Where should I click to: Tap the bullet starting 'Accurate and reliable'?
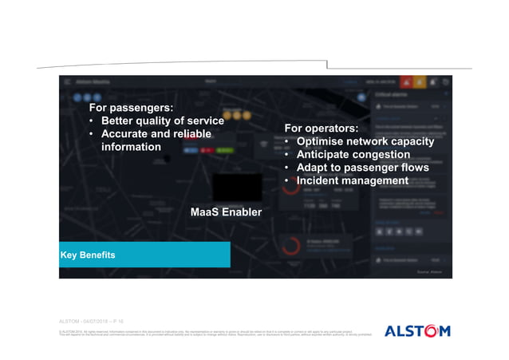pos(156,134)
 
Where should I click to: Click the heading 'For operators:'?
pos(321,129)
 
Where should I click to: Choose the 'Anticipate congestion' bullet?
pos(353,155)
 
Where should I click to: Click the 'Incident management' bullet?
pos(352,181)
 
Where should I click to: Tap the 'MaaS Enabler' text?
pos(226,212)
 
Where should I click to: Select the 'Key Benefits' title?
pos(89,255)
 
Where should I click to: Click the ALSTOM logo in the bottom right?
pos(417,330)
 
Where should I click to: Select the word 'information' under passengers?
pos(131,148)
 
